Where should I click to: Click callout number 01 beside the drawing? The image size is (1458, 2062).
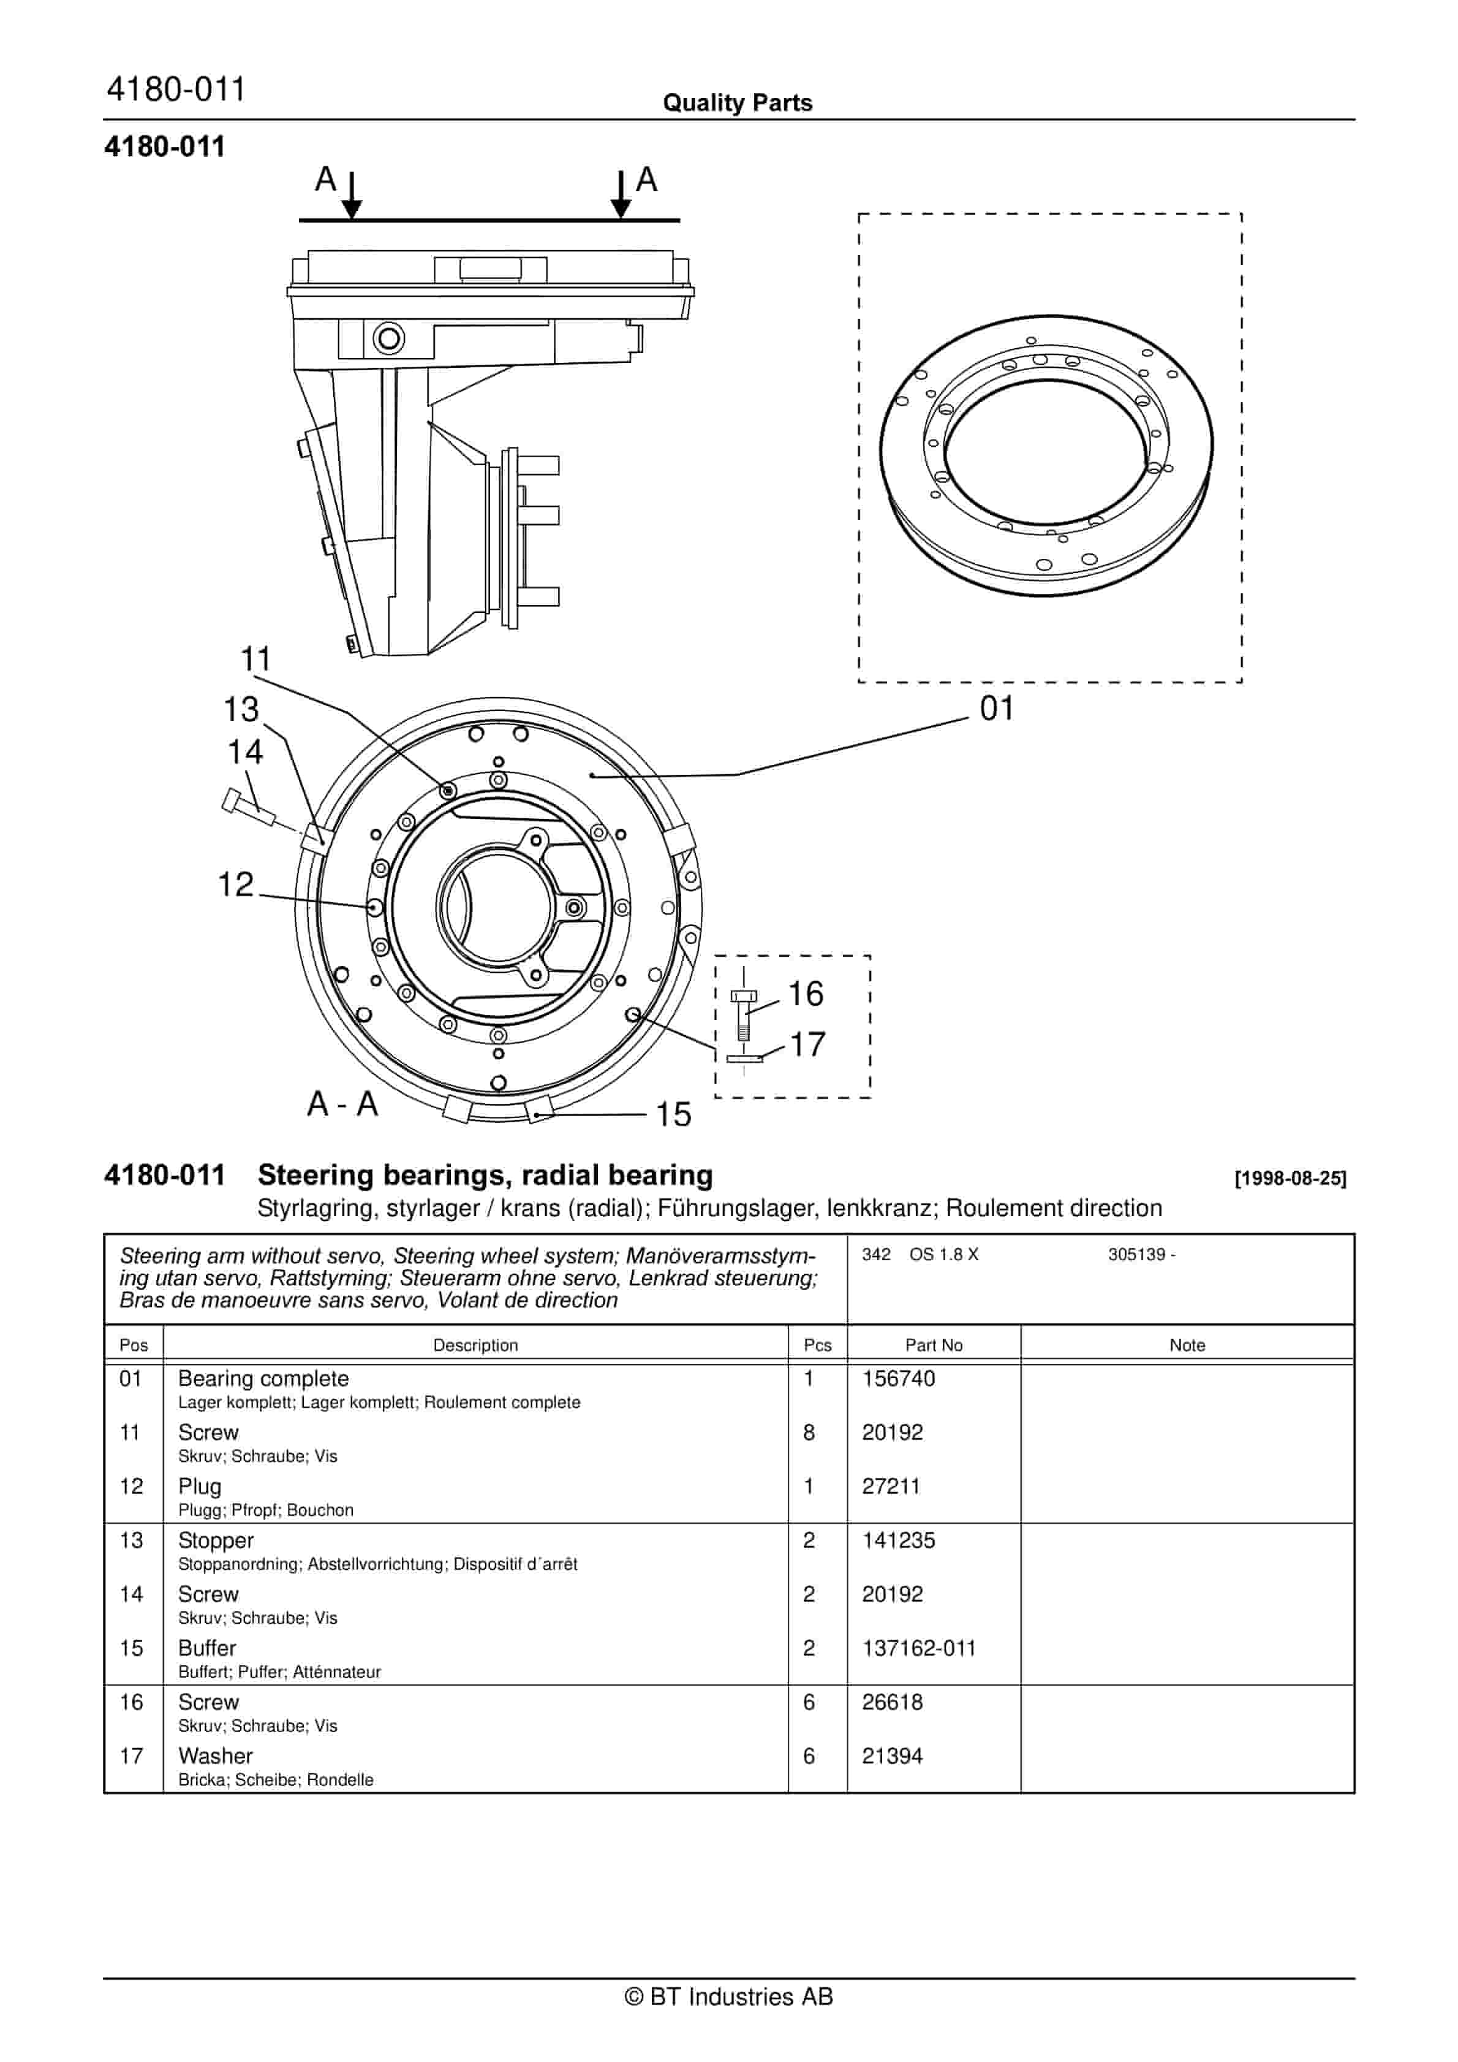coord(997,709)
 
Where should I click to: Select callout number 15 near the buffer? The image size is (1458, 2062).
coord(673,1114)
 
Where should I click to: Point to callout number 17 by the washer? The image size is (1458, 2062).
coord(807,1044)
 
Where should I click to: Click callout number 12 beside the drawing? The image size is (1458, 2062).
coord(236,885)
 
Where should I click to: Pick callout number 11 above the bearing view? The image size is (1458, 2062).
coord(256,659)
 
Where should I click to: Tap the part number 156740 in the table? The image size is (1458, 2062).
coord(898,1379)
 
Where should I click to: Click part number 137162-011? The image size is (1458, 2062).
coord(918,1648)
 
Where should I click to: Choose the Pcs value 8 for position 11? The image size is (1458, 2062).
coord(809,1432)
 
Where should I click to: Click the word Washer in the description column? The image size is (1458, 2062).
coord(216,1756)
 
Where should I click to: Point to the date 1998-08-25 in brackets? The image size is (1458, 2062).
coord(1290,1178)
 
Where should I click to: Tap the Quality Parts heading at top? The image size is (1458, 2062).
coord(737,103)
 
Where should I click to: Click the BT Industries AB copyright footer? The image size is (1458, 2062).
coord(728,1996)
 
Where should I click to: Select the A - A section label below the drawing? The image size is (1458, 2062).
coord(342,1104)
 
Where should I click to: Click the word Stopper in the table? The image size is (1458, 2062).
coord(216,1540)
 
